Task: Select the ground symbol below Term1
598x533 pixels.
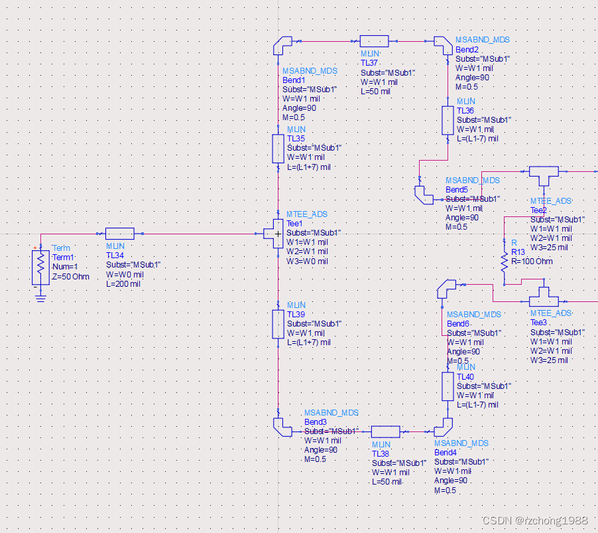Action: coord(40,296)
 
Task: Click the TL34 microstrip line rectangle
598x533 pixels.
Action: coord(120,234)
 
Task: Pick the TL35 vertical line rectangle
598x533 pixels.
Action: coord(278,149)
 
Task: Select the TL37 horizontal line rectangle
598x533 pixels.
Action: coord(374,41)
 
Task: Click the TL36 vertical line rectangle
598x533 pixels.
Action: coord(448,120)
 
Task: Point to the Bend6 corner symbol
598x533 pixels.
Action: coord(444,288)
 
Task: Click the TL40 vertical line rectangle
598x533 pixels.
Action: coord(448,386)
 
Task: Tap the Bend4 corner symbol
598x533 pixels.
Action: coord(445,426)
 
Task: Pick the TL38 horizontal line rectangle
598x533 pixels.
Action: coord(385,431)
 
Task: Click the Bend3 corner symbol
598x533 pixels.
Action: coord(281,427)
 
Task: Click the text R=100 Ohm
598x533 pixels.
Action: coord(532,262)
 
